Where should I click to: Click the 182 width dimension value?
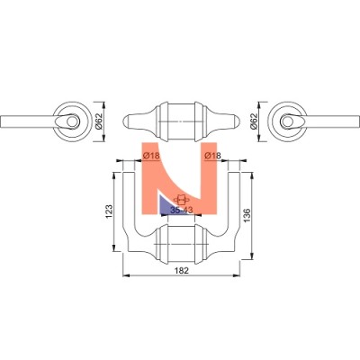(x=182, y=270)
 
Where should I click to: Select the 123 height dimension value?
(x=109, y=211)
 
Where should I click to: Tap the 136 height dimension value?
(x=247, y=216)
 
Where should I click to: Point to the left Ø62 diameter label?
(x=99, y=121)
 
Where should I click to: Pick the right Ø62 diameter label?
(x=254, y=121)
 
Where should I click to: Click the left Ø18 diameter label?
(x=151, y=156)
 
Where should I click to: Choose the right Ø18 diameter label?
(x=212, y=156)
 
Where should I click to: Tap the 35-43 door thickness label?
(x=182, y=211)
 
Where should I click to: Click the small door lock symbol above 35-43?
(x=181, y=200)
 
